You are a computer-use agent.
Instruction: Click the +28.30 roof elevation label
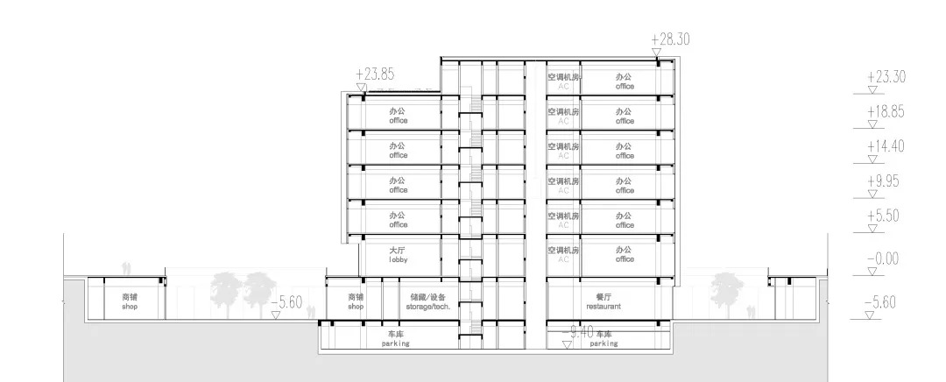[671, 39]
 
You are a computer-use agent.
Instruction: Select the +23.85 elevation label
[376, 74]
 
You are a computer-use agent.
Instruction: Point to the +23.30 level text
[885, 77]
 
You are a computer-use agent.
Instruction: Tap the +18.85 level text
[885, 112]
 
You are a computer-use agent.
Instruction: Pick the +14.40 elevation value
[885, 146]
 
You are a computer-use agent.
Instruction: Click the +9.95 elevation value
[883, 181]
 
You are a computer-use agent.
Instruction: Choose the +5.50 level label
[883, 216]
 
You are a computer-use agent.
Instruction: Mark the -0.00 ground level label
[882, 259]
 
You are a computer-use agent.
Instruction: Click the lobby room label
[399, 255]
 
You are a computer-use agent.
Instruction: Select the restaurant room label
[604, 302]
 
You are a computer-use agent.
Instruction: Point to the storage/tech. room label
[429, 302]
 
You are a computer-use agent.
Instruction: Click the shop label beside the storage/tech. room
[355, 302]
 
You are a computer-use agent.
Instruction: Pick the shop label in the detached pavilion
[131, 302]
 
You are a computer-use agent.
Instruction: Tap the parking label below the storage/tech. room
[396, 339]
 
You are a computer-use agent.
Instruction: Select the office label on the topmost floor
[625, 81]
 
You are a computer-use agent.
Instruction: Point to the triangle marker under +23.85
[361, 87]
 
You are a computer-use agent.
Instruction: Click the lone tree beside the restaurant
[724, 288]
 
